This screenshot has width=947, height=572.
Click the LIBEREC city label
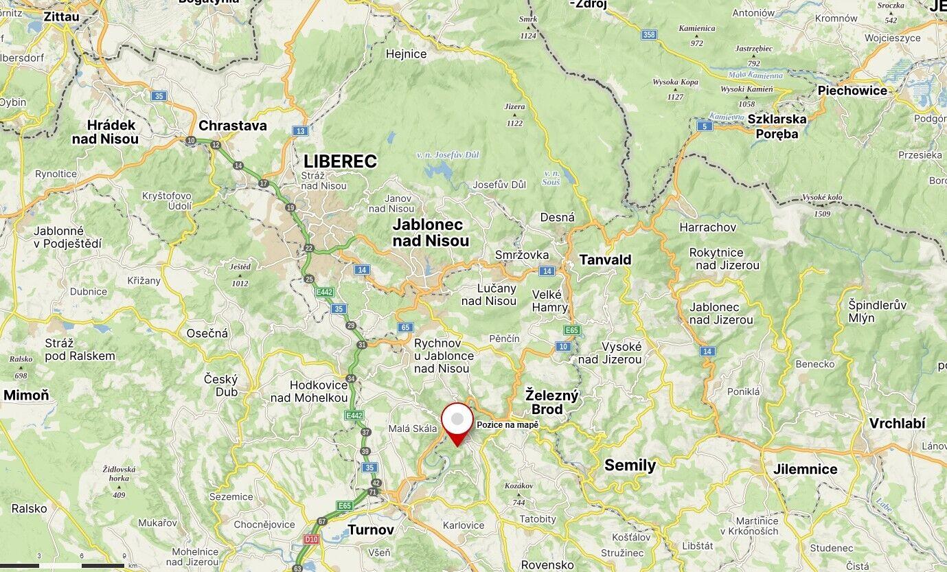(x=341, y=161)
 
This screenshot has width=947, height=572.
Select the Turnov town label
(x=371, y=529)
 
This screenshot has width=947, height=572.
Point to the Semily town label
(x=630, y=465)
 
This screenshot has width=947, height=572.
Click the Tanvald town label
(x=605, y=260)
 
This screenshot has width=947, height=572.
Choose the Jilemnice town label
(x=806, y=469)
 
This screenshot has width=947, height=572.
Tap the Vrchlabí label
(x=897, y=424)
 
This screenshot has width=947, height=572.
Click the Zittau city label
(x=60, y=16)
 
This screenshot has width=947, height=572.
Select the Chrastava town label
(x=233, y=126)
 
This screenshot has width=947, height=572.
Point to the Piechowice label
(x=852, y=90)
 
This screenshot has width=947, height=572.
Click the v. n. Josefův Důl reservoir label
(x=448, y=155)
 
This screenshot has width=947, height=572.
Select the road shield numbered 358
(x=649, y=34)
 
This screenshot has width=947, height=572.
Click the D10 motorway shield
(x=311, y=540)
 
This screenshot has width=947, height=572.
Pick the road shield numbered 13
(x=299, y=130)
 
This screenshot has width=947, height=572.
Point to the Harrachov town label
(x=707, y=227)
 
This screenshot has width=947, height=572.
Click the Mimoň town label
(x=26, y=395)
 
